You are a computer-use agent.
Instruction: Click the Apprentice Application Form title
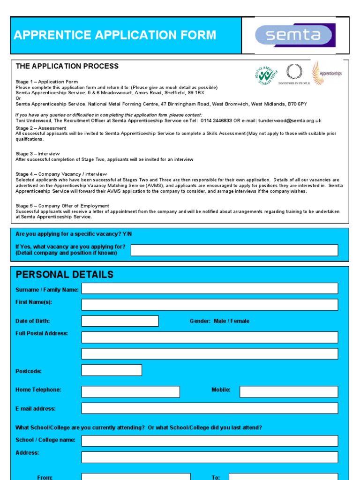tap(115, 35)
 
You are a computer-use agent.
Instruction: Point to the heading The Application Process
tap(67, 66)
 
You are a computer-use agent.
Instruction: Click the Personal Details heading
tap(64, 275)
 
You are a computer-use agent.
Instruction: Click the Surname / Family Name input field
tap(210, 288)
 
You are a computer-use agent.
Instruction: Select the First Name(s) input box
tap(210, 305)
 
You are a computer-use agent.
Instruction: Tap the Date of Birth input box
tap(120, 321)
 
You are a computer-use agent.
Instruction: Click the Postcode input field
tap(112, 370)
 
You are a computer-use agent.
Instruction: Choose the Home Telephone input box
tap(130, 392)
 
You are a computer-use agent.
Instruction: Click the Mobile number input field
tap(288, 392)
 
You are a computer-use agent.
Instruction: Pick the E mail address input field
tap(210, 408)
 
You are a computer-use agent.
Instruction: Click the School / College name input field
tap(210, 441)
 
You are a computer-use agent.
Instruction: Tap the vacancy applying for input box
tap(234, 250)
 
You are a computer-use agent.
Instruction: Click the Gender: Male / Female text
tap(219, 321)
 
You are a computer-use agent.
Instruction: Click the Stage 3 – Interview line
tap(37, 154)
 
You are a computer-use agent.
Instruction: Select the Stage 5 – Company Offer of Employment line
tap(62, 206)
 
